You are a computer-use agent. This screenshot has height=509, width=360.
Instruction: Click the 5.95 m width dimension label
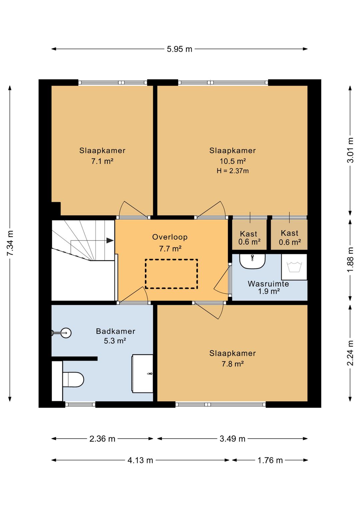point(179,49)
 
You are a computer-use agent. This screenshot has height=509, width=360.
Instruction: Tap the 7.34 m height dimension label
point(10,243)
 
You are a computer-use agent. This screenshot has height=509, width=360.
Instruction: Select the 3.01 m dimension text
point(351,150)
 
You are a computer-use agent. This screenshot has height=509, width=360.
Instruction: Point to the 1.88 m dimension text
point(351,259)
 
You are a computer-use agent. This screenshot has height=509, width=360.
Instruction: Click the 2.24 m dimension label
point(351,353)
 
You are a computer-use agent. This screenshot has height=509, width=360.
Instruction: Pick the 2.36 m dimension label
point(102,439)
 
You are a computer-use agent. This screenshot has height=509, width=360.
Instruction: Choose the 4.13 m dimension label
point(140,460)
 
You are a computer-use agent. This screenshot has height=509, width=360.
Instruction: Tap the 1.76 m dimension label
point(270,460)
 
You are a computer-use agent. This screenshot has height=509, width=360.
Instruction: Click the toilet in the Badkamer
point(73,379)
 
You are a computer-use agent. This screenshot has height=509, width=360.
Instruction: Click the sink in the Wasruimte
point(252,261)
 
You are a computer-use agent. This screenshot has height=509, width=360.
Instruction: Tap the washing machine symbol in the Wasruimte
point(294,267)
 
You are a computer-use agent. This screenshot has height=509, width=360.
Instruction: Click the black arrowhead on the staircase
point(110,240)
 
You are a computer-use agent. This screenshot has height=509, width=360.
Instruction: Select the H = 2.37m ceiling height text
point(233,171)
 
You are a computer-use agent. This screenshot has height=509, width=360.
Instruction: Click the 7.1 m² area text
point(102,161)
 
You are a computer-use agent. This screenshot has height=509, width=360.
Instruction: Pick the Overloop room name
point(170,237)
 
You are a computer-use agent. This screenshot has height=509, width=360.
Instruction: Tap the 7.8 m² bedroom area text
point(233,364)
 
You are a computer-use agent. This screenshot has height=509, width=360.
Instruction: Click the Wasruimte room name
point(268,284)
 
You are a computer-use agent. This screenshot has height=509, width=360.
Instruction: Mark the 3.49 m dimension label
point(232,439)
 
